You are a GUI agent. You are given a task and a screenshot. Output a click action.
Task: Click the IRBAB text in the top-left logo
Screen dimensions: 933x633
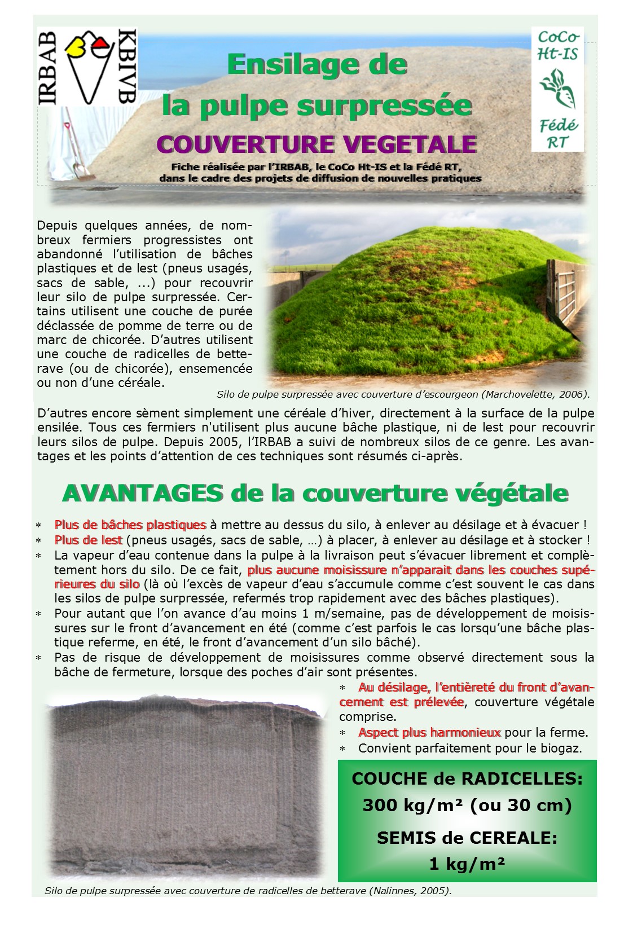49,68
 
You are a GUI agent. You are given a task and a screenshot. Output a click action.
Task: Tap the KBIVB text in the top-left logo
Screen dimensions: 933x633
128,66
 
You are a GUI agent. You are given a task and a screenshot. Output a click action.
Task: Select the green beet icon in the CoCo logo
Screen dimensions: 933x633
557,88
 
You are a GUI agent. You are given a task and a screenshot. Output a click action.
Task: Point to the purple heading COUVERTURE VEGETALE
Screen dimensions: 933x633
316,144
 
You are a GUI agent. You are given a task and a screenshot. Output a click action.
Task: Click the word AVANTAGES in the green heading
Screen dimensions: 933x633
142,493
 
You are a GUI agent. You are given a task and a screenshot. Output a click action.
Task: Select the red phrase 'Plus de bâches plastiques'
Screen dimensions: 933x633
130,525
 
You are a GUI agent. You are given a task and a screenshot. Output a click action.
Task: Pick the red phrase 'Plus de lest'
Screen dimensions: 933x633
88,540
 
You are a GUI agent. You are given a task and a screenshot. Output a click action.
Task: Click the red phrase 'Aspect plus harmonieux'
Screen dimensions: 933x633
429,733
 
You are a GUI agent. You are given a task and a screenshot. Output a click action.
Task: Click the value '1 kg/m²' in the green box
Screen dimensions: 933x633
467,864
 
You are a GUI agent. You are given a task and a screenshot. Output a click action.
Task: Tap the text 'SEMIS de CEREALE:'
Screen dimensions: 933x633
467,838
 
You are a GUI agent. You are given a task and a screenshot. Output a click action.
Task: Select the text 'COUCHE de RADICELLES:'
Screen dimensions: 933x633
467,779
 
